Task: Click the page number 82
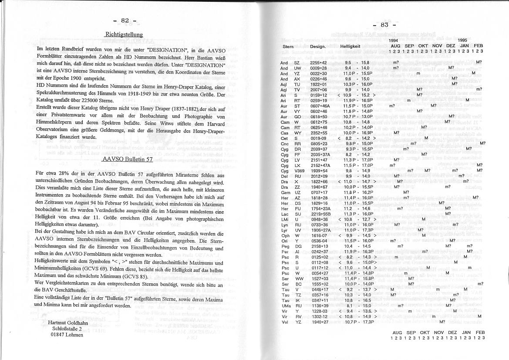point(125,20)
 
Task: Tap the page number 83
point(384,25)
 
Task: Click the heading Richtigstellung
point(124,34)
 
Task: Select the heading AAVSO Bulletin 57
point(127,159)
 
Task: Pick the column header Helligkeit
point(350,46)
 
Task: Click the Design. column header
point(318,46)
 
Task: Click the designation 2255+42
point(318,63)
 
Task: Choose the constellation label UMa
point(285,306)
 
